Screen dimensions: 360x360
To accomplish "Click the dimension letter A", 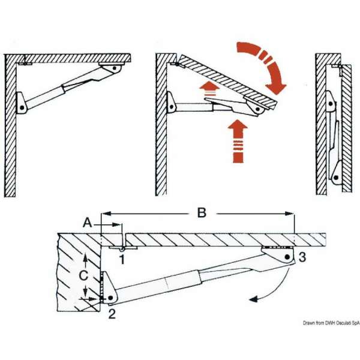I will (x=88, y=222).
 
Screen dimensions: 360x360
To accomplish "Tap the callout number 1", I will (x=122, y=259).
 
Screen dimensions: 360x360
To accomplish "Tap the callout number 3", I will (x=302, y=258).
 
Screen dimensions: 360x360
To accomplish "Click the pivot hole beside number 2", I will (x=111, y=298).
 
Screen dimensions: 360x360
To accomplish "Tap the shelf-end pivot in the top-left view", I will (x=113, y=70).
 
